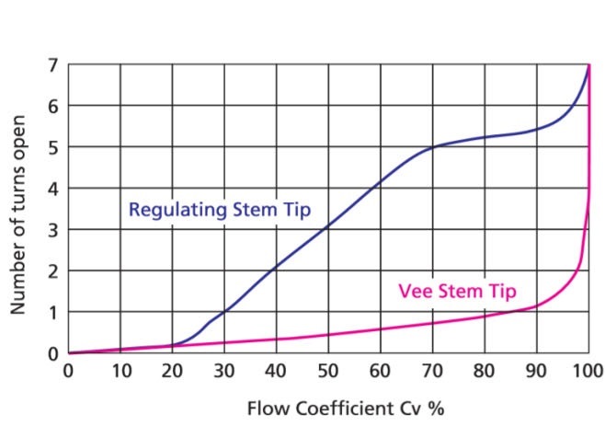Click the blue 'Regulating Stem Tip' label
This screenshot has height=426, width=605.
(220, 210)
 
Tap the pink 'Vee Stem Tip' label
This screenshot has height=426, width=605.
(457, 293)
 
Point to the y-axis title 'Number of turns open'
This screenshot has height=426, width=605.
(18, 211)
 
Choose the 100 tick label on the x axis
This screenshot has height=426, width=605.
(586, 371)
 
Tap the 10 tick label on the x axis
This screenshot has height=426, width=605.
(120, 371)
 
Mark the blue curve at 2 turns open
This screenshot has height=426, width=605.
(276, 271)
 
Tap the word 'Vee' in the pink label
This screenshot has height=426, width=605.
(413, 293)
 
